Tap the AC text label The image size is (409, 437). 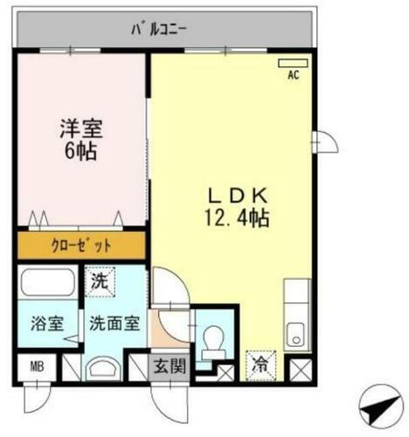[x=293, y=75]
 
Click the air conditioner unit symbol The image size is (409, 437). [x=289, y=63]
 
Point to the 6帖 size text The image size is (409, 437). [x=80, y=152]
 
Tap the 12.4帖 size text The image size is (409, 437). [x=232, y=218]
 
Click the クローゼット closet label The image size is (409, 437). [x=80, y=245]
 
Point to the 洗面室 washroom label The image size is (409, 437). [x=113, y=323]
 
